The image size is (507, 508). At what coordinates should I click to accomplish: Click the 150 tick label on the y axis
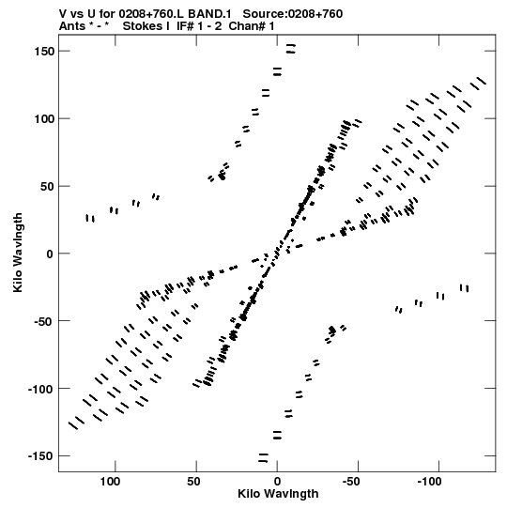[x=44, y=52]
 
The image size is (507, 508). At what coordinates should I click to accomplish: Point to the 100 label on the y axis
[x=44, y=119]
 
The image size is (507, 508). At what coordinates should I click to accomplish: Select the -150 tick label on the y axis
[x=40, y=456]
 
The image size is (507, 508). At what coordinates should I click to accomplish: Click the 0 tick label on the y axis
[x=50, y=254]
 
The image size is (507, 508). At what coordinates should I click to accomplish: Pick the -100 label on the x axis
[x=429, y=482]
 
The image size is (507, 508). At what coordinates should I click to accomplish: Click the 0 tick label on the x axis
[x=277, y=482]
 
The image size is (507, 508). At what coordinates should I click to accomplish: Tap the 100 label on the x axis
[x=110, y=482]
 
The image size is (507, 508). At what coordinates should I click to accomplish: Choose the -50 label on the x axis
[x=351, y=482]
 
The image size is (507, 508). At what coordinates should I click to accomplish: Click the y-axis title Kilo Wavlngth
[x=18, y=253]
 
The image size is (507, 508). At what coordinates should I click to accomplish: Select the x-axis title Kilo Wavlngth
[x=278, y=494]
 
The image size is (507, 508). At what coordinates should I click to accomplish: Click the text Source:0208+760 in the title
[x=293, y=14]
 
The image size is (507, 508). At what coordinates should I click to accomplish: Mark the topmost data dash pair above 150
[x=291, y=49]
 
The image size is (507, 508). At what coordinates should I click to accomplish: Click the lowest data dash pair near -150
[x=263, y=458]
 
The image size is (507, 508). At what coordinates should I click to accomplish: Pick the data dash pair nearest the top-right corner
[x=478, y=84]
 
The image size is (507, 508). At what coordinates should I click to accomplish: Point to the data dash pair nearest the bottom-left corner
[x=76, y=423]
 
